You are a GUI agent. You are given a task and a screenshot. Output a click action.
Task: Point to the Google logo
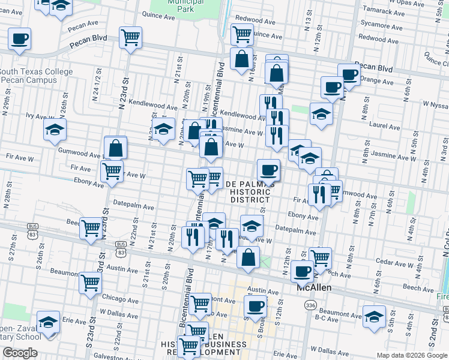click(20, 353)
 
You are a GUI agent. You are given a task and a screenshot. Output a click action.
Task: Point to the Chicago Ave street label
click(122, 298)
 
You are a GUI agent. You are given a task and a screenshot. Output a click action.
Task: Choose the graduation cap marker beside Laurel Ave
click(321, 113)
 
